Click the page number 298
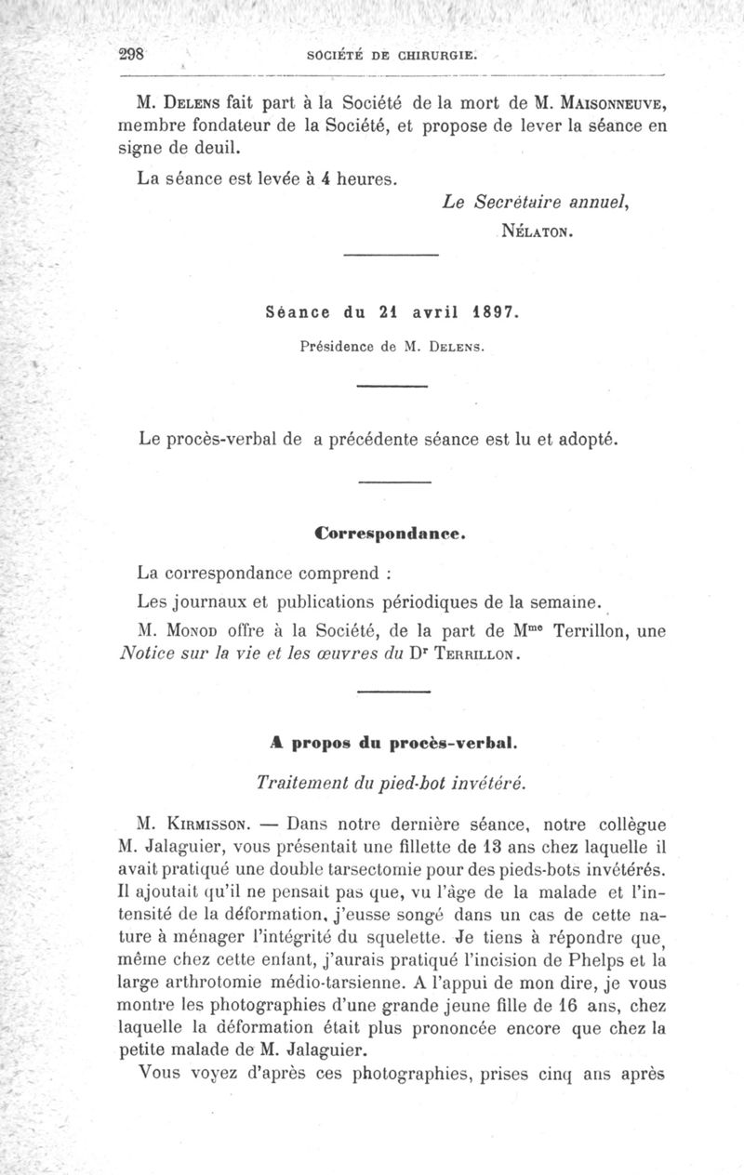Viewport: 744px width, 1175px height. [x=135, y=53]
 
